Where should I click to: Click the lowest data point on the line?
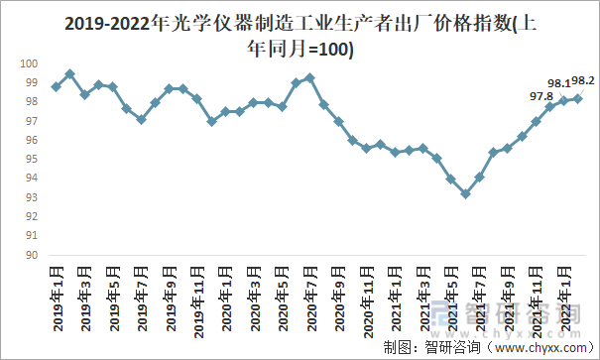465,194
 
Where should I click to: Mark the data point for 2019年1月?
56,87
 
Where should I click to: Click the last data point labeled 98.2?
578,98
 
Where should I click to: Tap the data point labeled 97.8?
550,106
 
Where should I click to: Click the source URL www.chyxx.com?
540,347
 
